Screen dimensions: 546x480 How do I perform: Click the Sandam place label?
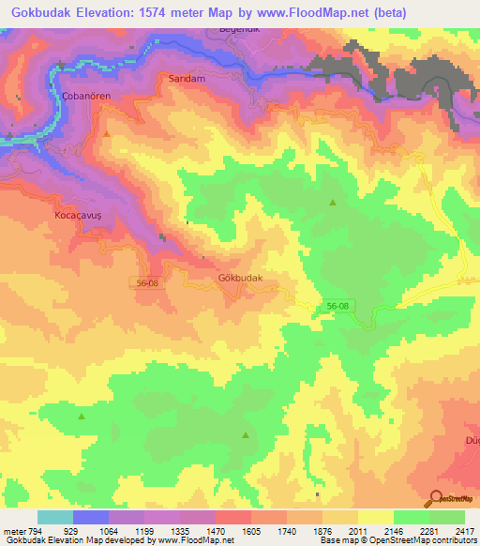(186, 80)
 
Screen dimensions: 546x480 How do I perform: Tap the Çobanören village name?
(61, 99)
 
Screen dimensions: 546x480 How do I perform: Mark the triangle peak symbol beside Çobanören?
(108, 134)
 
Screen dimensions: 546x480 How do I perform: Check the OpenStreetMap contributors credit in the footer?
(412, 540)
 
